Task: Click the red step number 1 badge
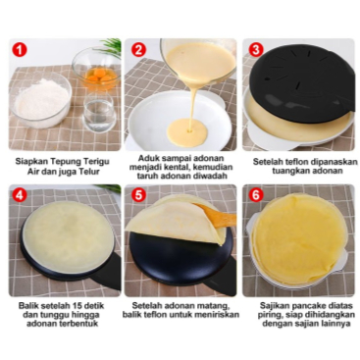click(21, 50)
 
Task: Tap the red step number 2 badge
click(138, 50)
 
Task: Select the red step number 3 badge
click(256, 50)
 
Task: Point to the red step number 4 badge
click(20, 195)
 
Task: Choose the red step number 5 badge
click(138, 195)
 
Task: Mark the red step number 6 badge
click(256, 195)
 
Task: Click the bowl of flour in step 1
click(41, 99)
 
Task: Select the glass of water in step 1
click(99, 112)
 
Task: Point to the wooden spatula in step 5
click(216, 216)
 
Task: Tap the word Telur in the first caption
click(88, 171)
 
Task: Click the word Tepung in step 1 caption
click(63, 162)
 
